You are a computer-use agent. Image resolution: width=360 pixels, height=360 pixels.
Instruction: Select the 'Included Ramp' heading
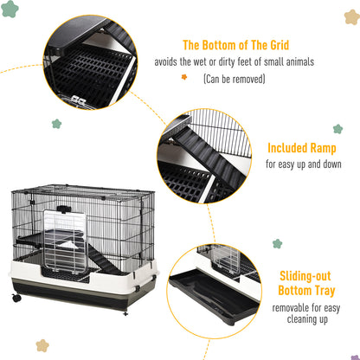[x=301, y=148]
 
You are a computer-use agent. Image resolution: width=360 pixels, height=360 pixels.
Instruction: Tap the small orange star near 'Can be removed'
[x=183, y=76]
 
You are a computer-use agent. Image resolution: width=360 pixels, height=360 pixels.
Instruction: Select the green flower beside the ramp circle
[x=56, y=124]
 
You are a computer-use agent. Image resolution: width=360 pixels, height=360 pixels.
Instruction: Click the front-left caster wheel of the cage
[x=16, y=299]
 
